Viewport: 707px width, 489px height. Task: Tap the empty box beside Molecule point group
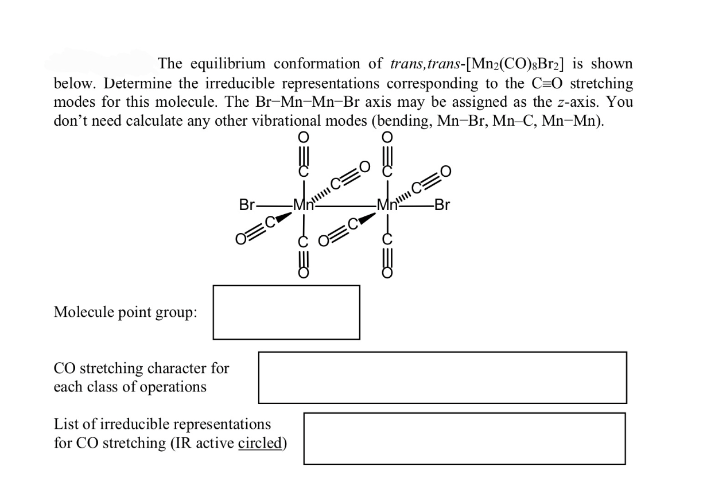(286, 312)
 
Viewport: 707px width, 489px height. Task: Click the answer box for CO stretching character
(442, 377)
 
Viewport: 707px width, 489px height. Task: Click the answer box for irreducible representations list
(464, 438)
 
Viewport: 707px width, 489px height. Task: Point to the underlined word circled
(262, 444)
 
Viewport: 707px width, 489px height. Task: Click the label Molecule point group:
(126, 313)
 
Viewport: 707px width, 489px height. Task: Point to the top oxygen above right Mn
(387, 137)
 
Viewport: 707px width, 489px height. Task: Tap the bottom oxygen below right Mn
(387, 274)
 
